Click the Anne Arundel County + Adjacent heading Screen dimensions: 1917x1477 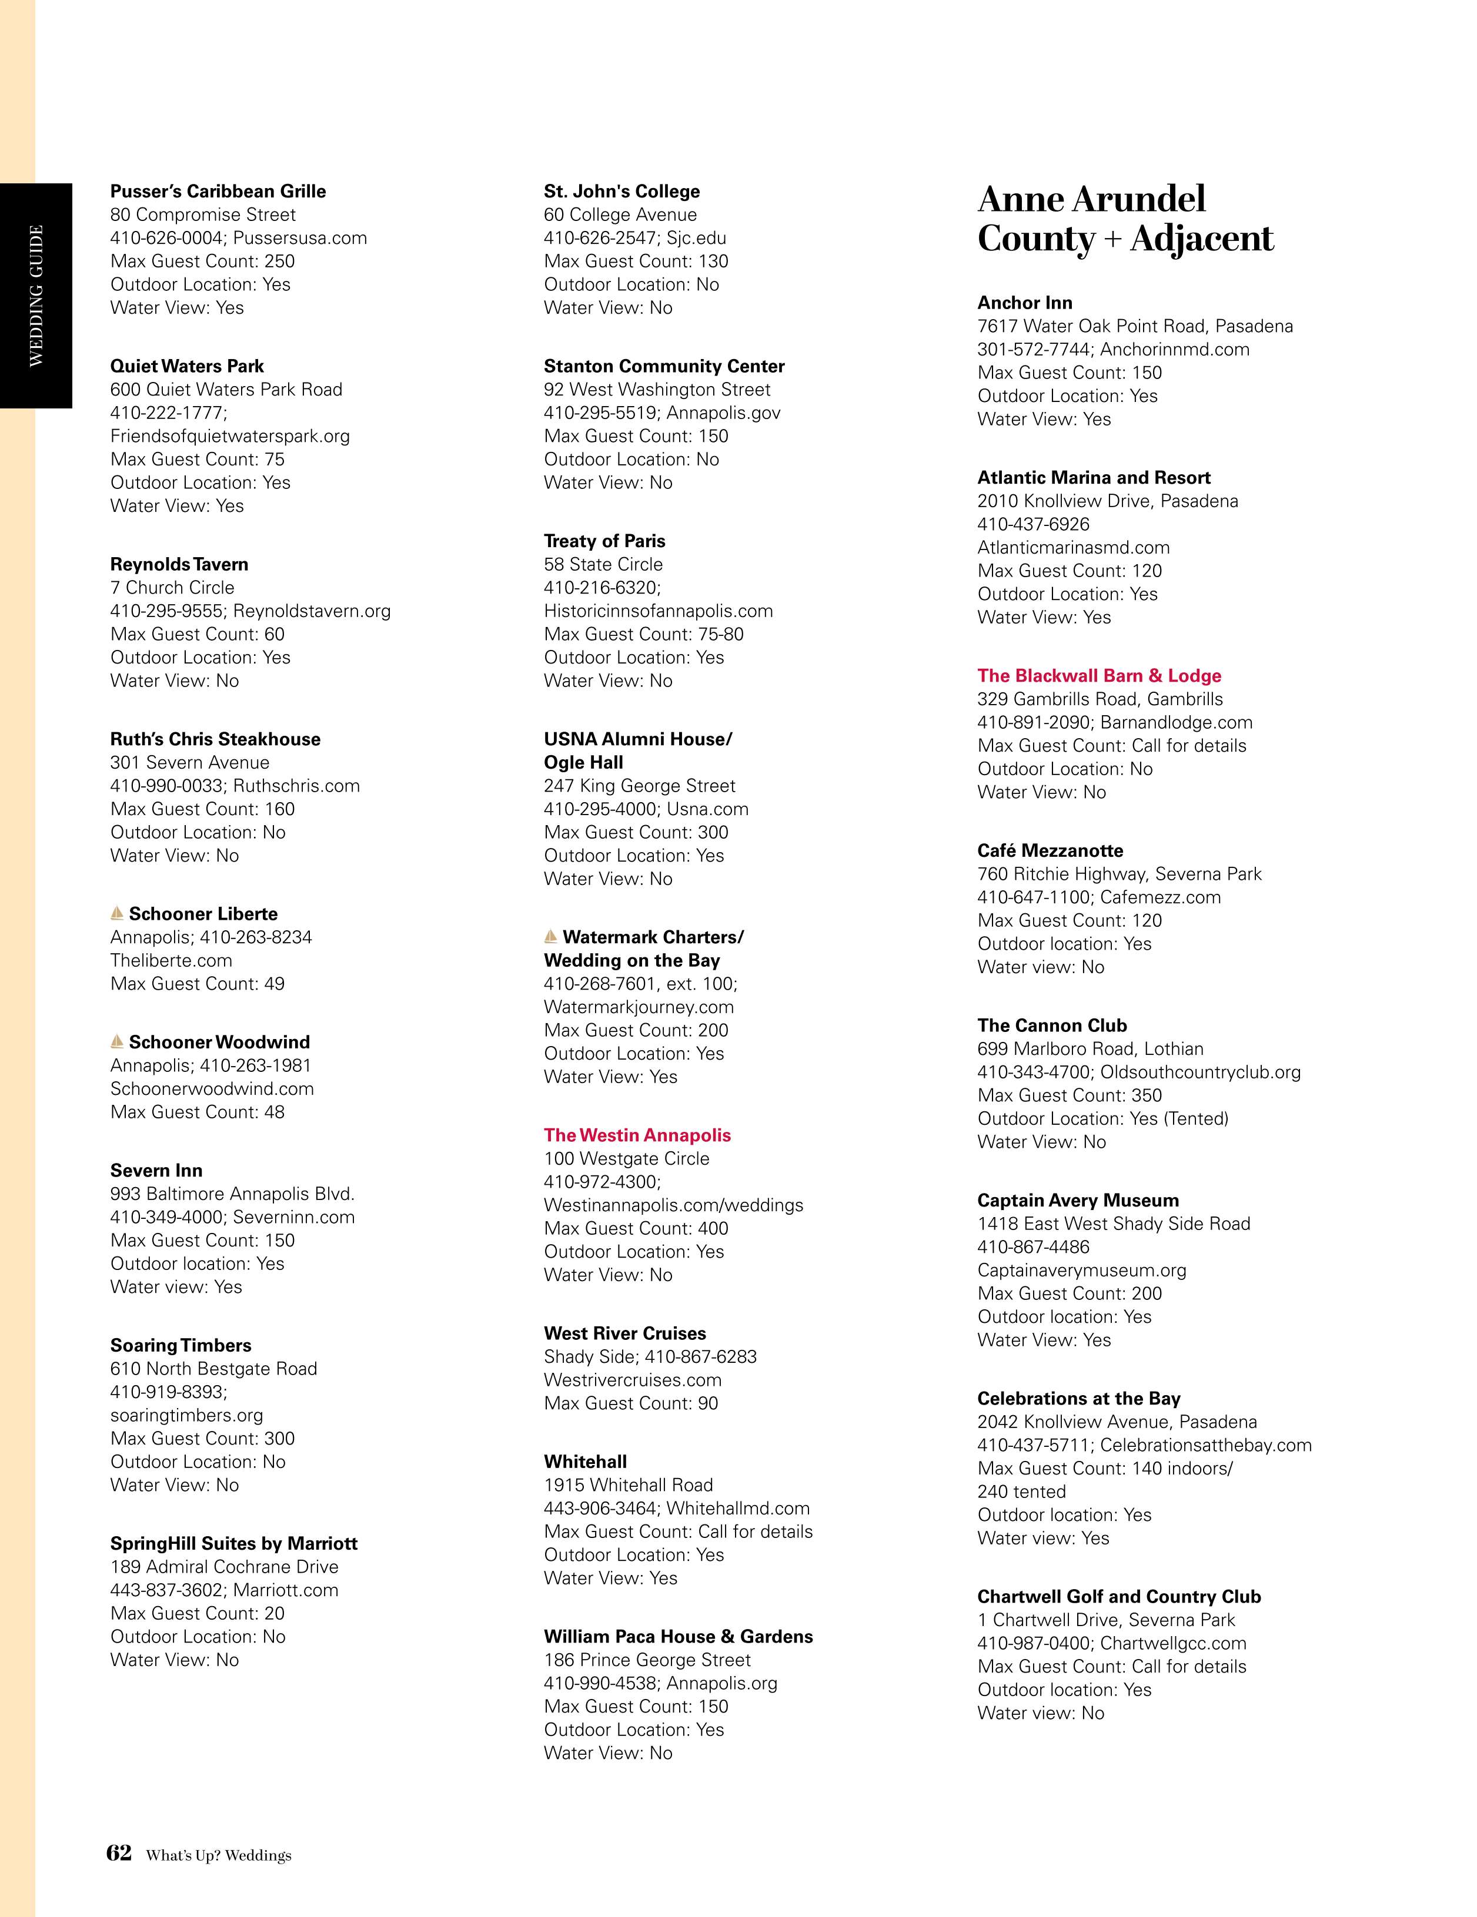tap(1125, 219)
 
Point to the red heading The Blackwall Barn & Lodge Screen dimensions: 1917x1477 tap(1098, 675)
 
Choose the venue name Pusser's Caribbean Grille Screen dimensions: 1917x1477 tap(218, 192)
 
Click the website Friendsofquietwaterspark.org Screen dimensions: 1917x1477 tap(230, 435)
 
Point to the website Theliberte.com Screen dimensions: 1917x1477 tap(171, 960)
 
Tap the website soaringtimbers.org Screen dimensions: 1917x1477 tap(187, 1415)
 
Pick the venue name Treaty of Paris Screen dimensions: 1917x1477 tap(604, 541)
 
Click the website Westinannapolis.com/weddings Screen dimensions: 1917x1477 tap(673, 1205)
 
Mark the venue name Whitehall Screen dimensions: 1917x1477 tap(585, 1462)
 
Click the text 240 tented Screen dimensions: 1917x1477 tap(1021, 1492)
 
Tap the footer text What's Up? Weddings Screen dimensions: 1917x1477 tap(219, 1855)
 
